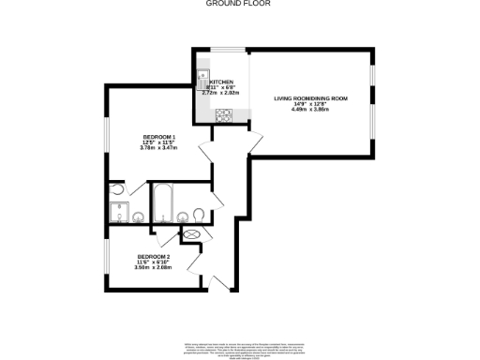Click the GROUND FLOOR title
(239, 4)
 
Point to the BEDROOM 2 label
(153, 256)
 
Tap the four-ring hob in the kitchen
(224, 116)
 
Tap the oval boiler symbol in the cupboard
(192, 234)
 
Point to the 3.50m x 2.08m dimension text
(153, 267)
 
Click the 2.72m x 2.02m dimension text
(221, 93)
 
